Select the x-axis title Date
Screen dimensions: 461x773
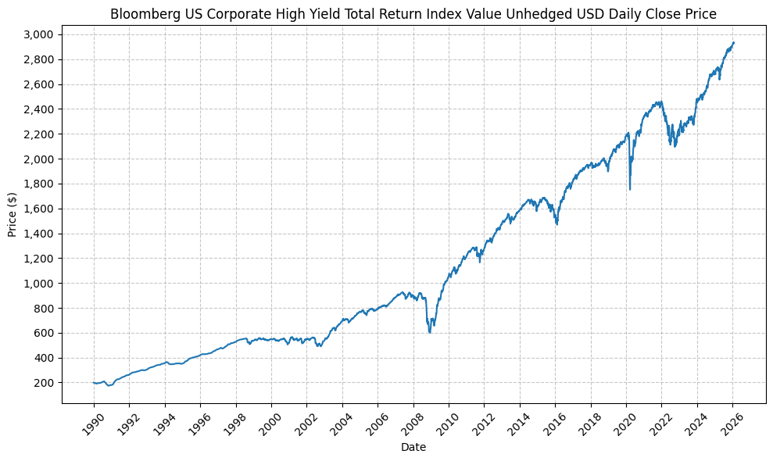pos(413,447)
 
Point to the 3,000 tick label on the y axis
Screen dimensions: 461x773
pos(39,34)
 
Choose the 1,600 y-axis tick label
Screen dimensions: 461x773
pos(39,209)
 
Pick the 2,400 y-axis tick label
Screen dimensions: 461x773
pos(39,109)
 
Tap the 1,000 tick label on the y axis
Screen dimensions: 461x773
pos(39,283)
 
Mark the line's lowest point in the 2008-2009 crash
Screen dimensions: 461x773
pos(429,333)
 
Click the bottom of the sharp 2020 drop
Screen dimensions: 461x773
pos(630,189)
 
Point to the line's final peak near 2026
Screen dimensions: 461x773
pos(733,42)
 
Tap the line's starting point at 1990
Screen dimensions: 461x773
pos(94,383)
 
